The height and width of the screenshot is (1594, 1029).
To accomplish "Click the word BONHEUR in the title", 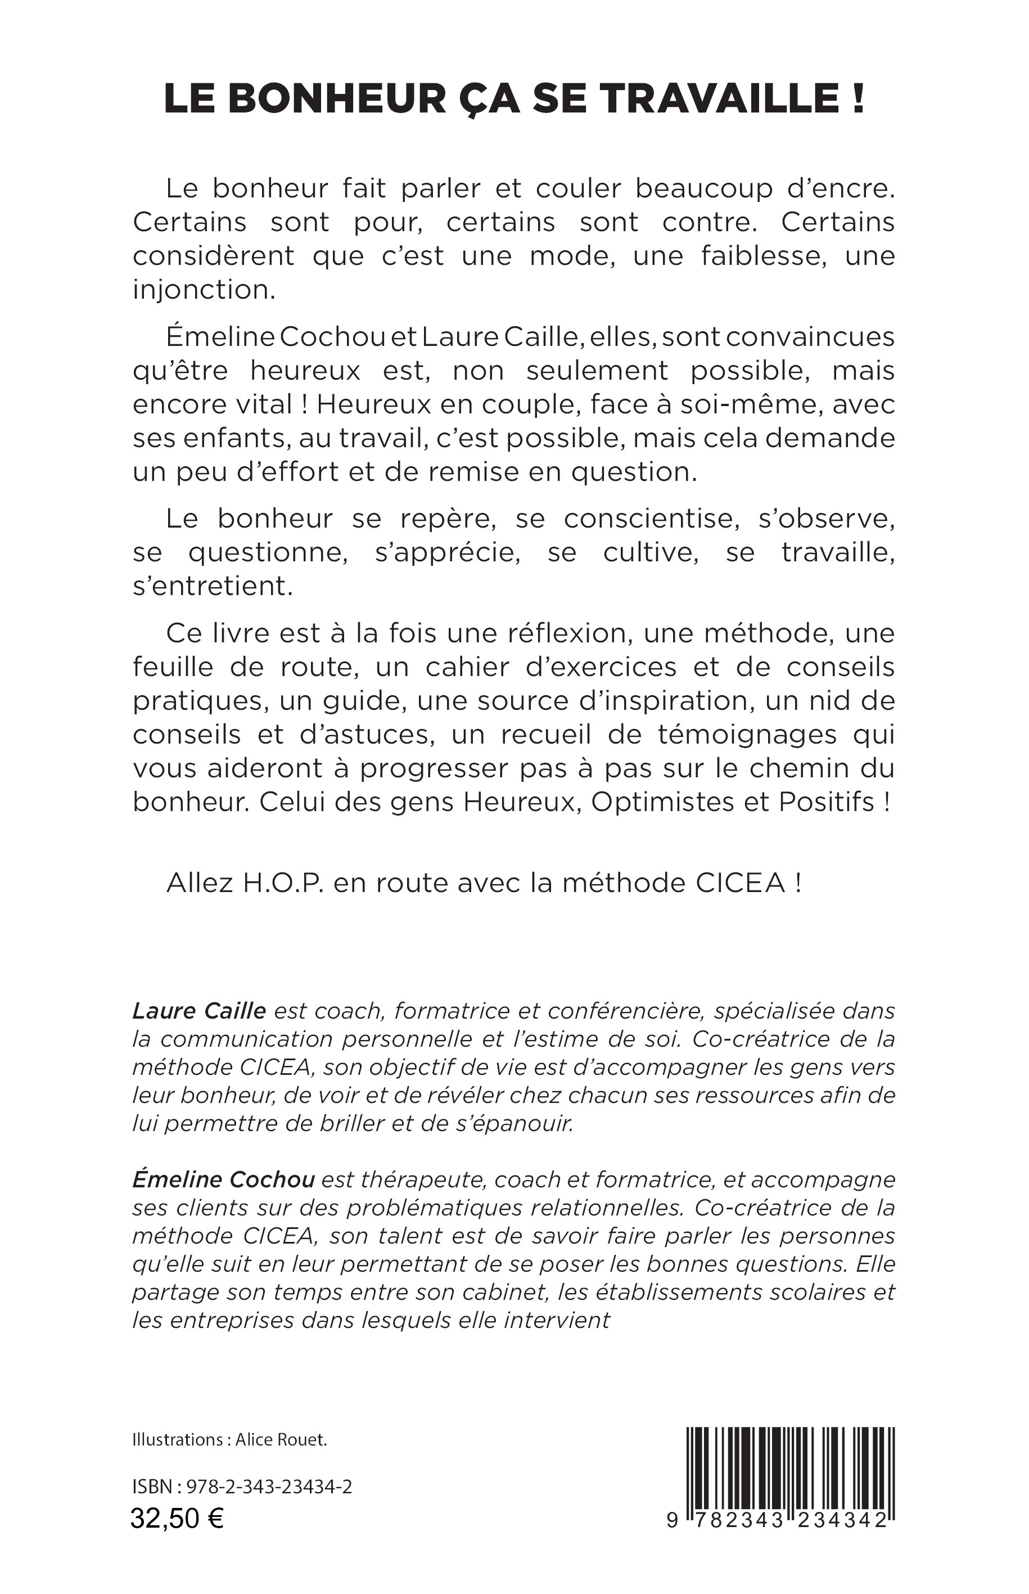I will pos(337,98).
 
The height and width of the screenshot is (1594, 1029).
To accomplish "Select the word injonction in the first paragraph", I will pos(204,290).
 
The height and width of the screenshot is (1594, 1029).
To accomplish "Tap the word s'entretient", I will pos(213,586).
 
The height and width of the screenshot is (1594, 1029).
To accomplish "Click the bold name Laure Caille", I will pos(199,1011).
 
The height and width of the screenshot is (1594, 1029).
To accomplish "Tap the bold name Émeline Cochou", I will pos(223,1179).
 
